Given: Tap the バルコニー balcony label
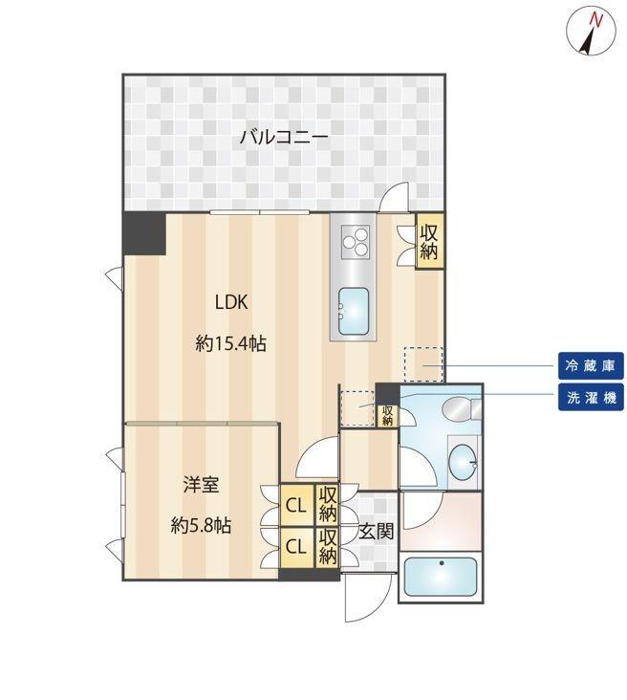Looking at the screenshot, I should (x=284, y=138).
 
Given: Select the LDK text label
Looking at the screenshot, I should (x=231, y=303).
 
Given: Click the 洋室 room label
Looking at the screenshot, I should (x=201, y=484).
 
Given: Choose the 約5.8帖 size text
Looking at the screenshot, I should (x=201, y=525).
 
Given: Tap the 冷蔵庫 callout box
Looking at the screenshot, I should (x=592, y=364).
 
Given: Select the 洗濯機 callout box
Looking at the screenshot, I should (x=592, y=397).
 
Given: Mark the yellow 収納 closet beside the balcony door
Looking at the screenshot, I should (x=428, y=240).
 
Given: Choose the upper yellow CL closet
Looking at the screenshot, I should (x=294, y=502).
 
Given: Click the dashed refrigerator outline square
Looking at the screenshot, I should (x=422, y=364).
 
